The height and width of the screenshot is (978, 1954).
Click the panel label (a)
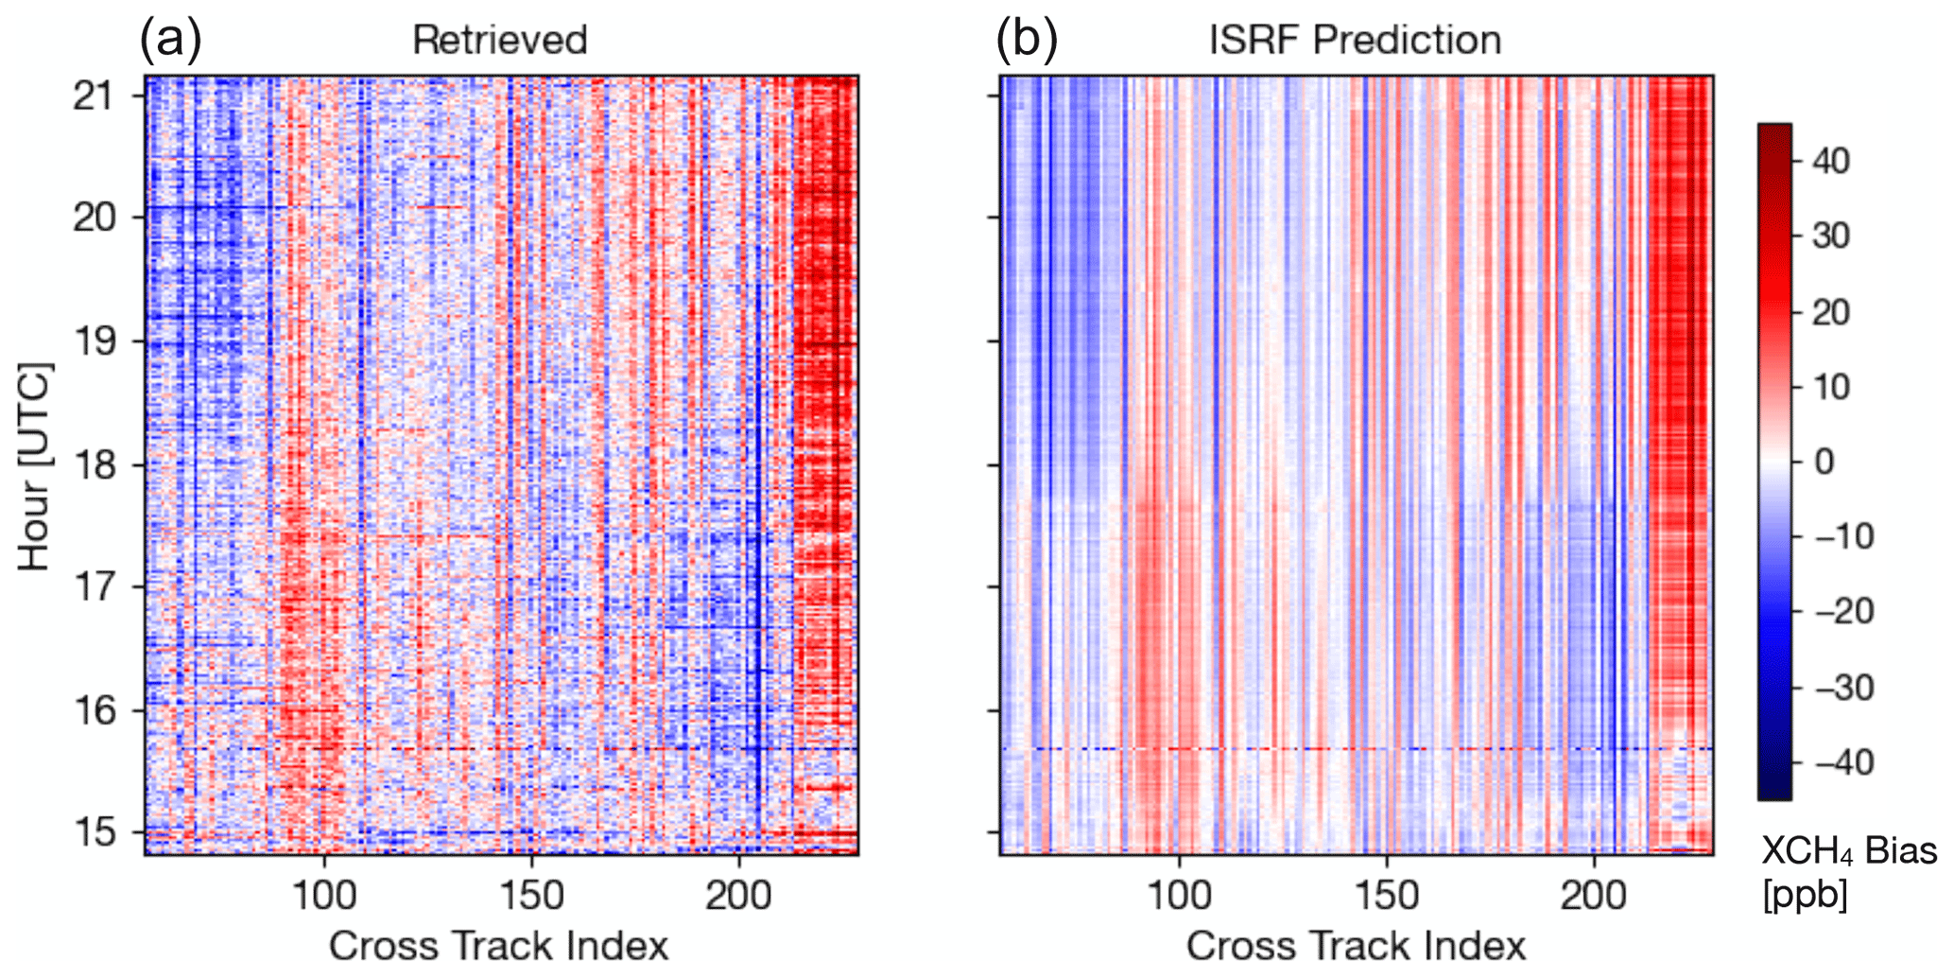click(170, 41)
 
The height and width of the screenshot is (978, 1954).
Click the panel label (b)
click(1027, 41)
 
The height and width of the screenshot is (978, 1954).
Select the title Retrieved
click(500, 41)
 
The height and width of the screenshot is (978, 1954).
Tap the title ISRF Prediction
click(1356, 41)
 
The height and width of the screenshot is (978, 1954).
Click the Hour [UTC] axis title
click(34, 465)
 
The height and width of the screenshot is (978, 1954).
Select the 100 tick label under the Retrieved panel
click(324, 895)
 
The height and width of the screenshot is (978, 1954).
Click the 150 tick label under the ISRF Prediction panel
click(1387, 895)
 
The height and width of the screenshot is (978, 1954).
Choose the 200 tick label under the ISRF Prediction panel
click(1595, 895)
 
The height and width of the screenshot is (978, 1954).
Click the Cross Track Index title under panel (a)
click(499, 946)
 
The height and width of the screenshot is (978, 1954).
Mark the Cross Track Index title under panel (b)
click(1356, 946)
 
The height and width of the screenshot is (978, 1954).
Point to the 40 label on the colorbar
click(1830, 161)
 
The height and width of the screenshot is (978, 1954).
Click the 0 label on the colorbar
click(1824, 462)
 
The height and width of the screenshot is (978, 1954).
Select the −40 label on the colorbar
click(1843, 762)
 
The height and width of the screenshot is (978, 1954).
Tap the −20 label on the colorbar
click(1843, 612)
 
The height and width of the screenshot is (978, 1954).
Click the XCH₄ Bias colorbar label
click(1848, 852)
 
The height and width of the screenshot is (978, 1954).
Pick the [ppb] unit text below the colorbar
click(1805, 894)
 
